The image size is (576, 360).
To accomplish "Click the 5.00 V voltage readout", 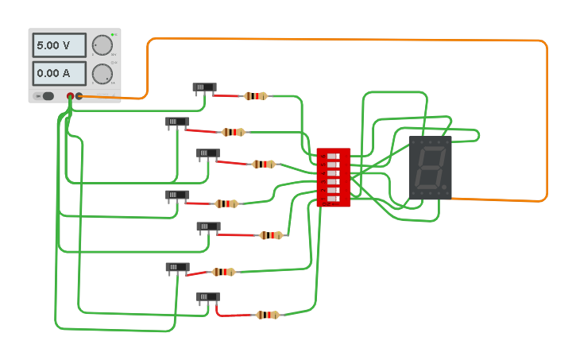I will coord(59,45).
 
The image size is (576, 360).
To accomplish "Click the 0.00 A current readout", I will coord(59,74).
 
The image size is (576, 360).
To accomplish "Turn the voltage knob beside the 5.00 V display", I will coord(102,45).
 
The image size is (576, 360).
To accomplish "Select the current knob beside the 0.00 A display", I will coord(102,74).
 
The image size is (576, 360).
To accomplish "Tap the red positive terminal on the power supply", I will coord(70,96).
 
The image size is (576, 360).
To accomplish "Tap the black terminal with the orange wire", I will coord(79,96).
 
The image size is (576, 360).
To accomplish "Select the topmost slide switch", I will coord(204,87).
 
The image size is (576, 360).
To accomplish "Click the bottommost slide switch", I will coord(208,297).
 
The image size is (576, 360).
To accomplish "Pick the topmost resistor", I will coord(255,96).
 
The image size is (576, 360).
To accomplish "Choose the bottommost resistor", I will coord(268,315).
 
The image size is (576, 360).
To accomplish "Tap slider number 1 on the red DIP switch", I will coord(333,156).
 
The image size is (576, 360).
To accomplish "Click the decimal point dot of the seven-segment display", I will coord(445,188).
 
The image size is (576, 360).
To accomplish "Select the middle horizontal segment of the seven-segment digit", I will coord(430,167).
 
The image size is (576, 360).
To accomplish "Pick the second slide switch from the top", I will coord(177,122).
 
